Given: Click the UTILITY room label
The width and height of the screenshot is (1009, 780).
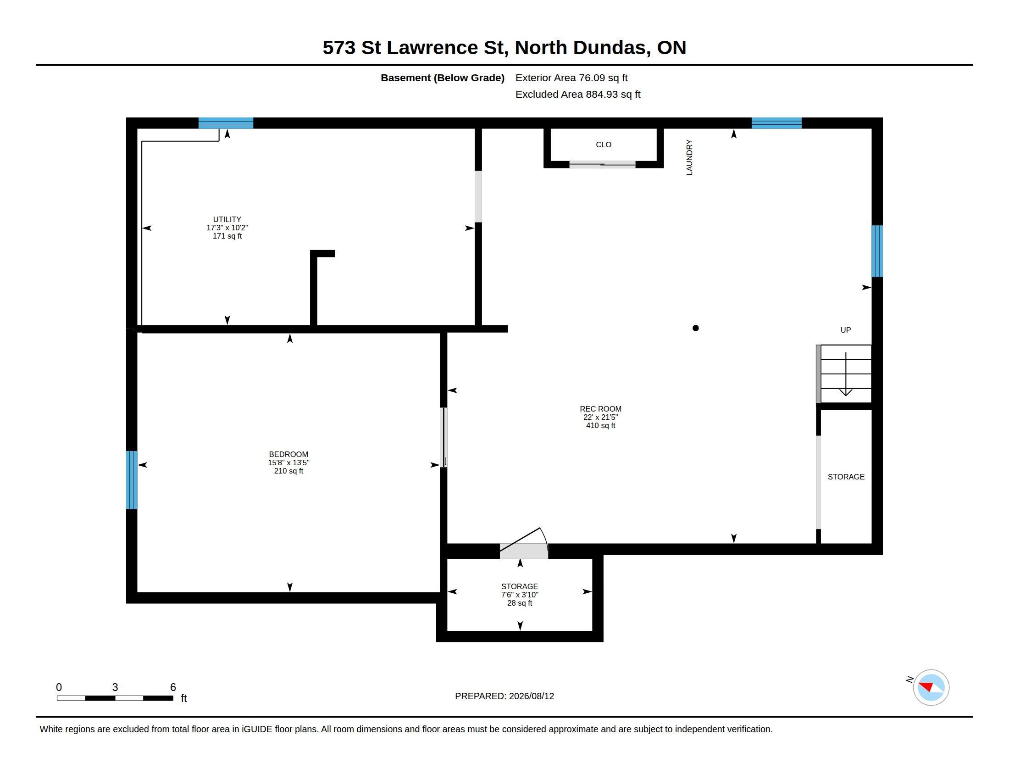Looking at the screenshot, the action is tap(227, 219).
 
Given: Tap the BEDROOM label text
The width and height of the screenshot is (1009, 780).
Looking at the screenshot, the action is tap(288, 454).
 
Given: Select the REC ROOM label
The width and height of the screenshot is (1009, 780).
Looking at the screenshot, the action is tap(600, 409).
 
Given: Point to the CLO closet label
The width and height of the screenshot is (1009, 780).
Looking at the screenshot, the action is tap(604, 145).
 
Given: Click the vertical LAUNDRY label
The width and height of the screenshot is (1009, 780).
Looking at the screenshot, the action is tap(689, 157).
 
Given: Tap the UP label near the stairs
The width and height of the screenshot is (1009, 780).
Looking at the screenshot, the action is tap(845, 330).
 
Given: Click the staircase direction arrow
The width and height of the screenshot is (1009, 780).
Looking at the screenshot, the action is tap(845, 374).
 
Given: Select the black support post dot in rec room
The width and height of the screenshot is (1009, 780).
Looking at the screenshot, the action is tap(695, 328).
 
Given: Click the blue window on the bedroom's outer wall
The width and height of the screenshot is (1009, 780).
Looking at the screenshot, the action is tap(132, 479).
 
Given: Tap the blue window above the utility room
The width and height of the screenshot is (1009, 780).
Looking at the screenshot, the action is tap(226, 123).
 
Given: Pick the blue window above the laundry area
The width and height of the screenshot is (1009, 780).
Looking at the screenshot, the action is tap(776, 123).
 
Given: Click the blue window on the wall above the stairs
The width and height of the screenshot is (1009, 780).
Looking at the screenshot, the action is tap(877, 251).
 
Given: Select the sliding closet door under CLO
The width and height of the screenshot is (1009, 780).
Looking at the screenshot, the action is tap(602, 164).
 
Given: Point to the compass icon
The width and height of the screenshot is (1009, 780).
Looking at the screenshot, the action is tap(931, 687).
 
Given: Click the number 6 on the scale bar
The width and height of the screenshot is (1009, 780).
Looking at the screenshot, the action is tap(173, 687).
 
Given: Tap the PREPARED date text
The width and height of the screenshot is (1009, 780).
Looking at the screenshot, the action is tap(504, 696).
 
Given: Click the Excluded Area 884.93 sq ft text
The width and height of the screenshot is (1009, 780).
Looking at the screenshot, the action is tap(577, 94).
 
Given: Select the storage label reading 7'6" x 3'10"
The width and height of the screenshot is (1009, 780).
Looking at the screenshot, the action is tap(519, 595).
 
